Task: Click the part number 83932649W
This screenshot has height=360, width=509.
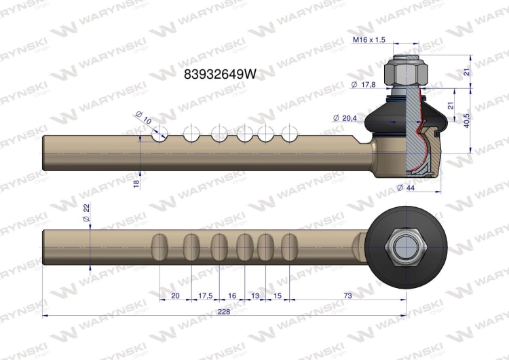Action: tap(220, 75)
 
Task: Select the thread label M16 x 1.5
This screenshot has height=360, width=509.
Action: tap(369, 39)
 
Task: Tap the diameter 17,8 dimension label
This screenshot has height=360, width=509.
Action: tap(363, 85)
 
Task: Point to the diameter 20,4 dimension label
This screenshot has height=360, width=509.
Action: tap(345, 118)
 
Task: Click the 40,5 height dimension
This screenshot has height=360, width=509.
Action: tap(467, 120)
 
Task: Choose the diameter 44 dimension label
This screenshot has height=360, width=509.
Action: tap(406, 187)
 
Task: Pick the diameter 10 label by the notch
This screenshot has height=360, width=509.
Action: tap(143, 118)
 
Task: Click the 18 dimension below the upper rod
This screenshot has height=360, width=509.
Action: tap(136, 183)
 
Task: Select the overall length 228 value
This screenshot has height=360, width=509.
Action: tap(224, 312)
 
